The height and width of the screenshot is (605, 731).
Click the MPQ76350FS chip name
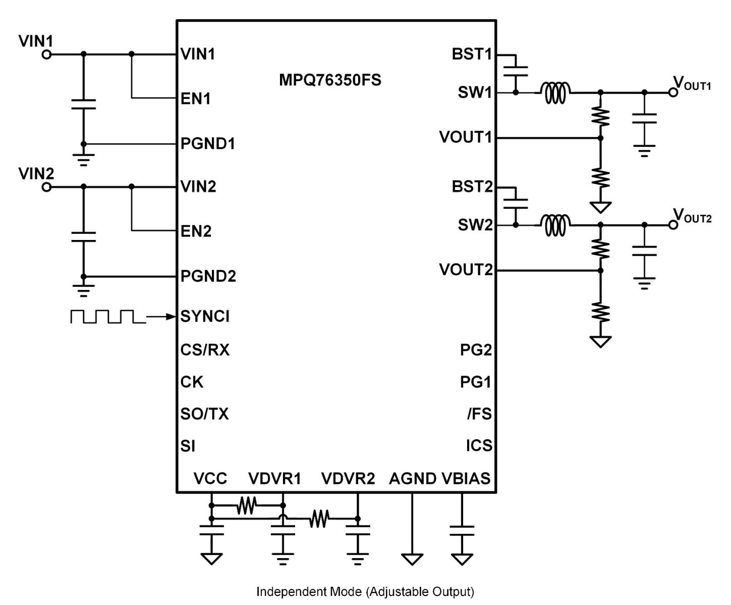[330, 80]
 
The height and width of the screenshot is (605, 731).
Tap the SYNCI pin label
[205, 317]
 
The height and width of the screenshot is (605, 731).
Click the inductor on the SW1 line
[555, 91]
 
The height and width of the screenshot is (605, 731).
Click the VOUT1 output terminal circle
[673, 92]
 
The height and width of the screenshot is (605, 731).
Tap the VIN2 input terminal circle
[46, 187]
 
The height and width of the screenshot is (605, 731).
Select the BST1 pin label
[472, 54]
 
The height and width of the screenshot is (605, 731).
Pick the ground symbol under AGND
[412, 559]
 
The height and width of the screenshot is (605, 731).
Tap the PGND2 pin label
[208, 276]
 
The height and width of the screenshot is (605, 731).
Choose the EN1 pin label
[196, 98]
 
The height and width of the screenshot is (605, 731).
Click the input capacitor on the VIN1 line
[84, 104]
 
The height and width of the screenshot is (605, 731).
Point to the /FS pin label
[479, 414]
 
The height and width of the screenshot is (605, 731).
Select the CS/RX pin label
[205, 350]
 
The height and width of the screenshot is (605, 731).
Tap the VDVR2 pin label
[348, 478]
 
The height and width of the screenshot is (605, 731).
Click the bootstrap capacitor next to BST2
[516, 204]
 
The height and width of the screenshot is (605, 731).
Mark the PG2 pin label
[476, 350]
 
